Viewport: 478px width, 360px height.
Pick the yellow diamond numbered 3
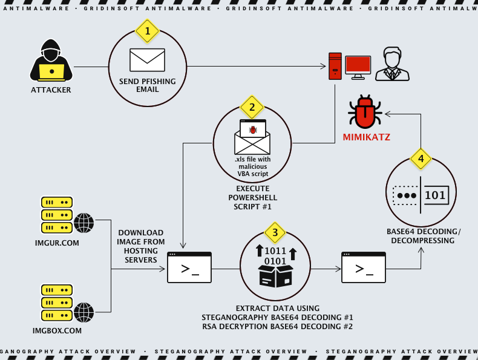coord(275,232)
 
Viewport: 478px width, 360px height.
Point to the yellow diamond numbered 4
coord(421,159)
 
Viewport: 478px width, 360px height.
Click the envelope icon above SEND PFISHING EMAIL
coord(147,60)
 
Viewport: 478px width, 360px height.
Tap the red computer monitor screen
coord(358,65)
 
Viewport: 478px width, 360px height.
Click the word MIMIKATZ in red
coord(366,137)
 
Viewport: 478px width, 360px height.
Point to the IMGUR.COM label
coord(57,243)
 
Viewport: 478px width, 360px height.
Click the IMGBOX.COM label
coord(57,331)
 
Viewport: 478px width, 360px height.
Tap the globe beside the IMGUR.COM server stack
coord(83,223)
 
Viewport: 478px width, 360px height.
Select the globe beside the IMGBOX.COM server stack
coord(83,312)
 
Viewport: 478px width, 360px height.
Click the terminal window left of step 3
coord(189,267)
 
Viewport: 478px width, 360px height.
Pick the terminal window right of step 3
coord(363,267)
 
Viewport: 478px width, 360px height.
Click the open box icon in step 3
coord(275,276)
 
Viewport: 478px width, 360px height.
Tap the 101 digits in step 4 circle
coord(435,195)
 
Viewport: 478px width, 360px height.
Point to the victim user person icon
coord(392,64)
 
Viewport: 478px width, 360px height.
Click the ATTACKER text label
coord(51,90)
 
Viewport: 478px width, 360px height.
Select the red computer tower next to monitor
coord(335,66)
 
